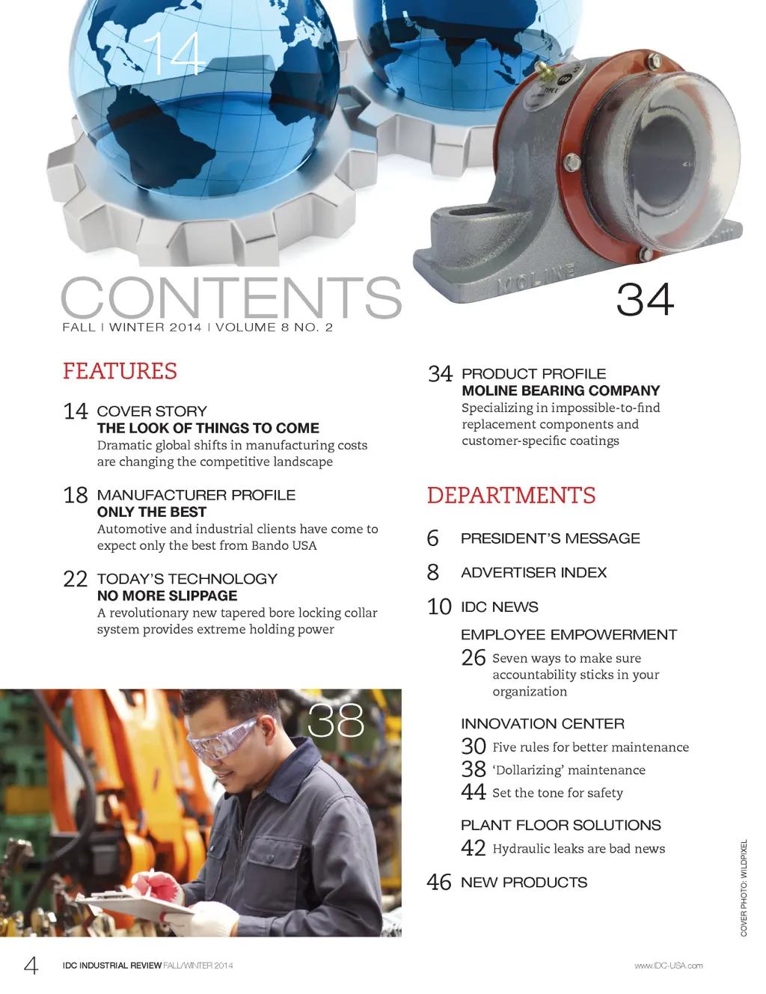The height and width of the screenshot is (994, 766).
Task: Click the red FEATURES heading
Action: click(120, 371)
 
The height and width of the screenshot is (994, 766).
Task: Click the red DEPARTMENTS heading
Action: click(511, 495)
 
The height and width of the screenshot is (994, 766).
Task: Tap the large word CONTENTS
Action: click(231, 298)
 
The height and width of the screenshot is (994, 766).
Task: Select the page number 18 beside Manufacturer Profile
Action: click(76, 495)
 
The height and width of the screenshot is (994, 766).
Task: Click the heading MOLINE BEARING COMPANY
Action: click(560, 390)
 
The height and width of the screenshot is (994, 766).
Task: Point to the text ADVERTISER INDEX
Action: click(533, 572)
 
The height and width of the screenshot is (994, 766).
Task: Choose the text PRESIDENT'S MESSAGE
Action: click(550, 539)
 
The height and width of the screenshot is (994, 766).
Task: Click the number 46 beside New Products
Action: click(439, 883)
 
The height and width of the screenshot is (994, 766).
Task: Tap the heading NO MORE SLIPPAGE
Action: click(167, 595)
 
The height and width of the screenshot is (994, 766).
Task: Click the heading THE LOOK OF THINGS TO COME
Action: click(208, 428)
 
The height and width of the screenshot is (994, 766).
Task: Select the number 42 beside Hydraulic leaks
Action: click(474, 848)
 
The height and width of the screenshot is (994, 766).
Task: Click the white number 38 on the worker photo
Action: click(335, 720)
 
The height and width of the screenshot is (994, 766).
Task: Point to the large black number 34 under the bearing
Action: click(645, 299)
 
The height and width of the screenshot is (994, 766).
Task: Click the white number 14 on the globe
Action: click(174, 54)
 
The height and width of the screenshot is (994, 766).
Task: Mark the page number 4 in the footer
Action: click(31, 965)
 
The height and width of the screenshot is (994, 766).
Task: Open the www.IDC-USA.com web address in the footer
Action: click(668, 966)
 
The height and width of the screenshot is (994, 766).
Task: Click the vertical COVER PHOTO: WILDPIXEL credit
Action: click(744, 888)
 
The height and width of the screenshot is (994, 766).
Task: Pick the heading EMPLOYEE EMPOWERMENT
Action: click(569, 635)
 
